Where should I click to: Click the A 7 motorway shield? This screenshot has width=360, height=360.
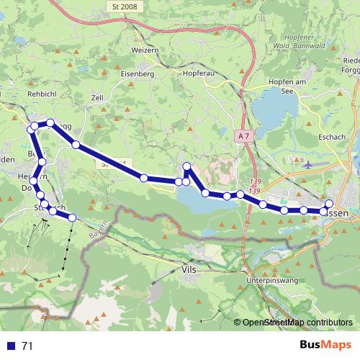tap(243, 135)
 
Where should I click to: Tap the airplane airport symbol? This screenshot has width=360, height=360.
tap(309, 165)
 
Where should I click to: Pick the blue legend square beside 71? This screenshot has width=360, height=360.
tap(10, 346)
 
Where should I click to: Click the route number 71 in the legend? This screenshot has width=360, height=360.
tap(27, 346)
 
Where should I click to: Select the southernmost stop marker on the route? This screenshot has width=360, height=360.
tap(72, 217)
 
